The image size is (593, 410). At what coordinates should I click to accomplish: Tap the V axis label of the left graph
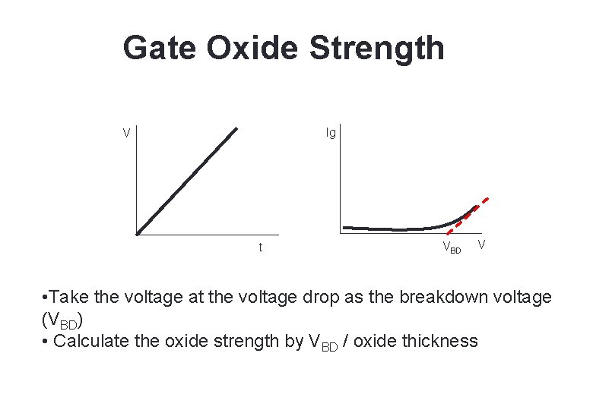(127, 134)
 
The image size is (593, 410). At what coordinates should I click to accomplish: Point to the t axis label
(261, 248)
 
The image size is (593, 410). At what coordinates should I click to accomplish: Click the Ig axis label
(331, 134)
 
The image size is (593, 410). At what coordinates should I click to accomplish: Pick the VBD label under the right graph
(452, 248)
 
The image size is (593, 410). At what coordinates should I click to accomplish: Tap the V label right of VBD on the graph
(481, 244)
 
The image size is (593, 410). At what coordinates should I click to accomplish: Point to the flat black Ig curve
(395, 229)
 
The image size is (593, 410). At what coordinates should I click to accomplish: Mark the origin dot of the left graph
(138, 233)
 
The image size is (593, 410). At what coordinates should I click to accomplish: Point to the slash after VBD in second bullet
(346, 341)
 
